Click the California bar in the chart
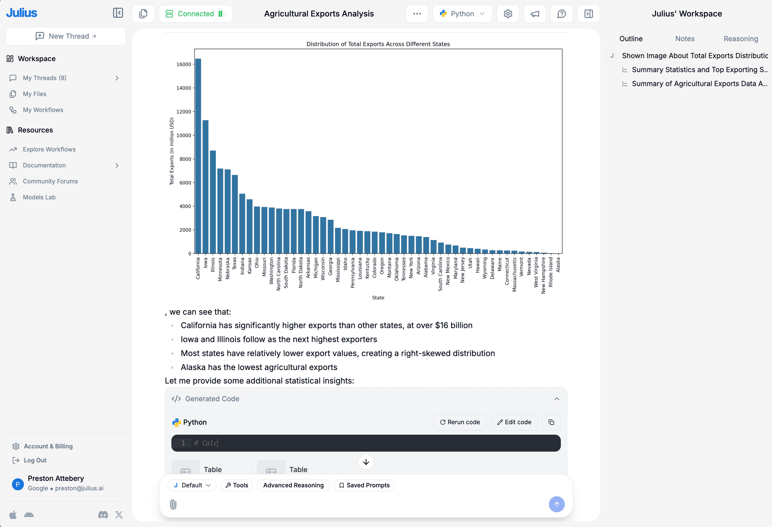[198, 156]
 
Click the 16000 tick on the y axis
[184, 64]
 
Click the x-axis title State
[378, 298]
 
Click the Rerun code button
[460, 422]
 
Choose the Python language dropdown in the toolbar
[462, 14]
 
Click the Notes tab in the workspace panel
[685, 39]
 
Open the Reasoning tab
[740, 39]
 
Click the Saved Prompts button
[364, 485]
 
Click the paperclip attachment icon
[173, 504]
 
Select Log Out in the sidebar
[35, 460]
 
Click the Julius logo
[22, 13]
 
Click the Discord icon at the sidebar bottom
[103, 515]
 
